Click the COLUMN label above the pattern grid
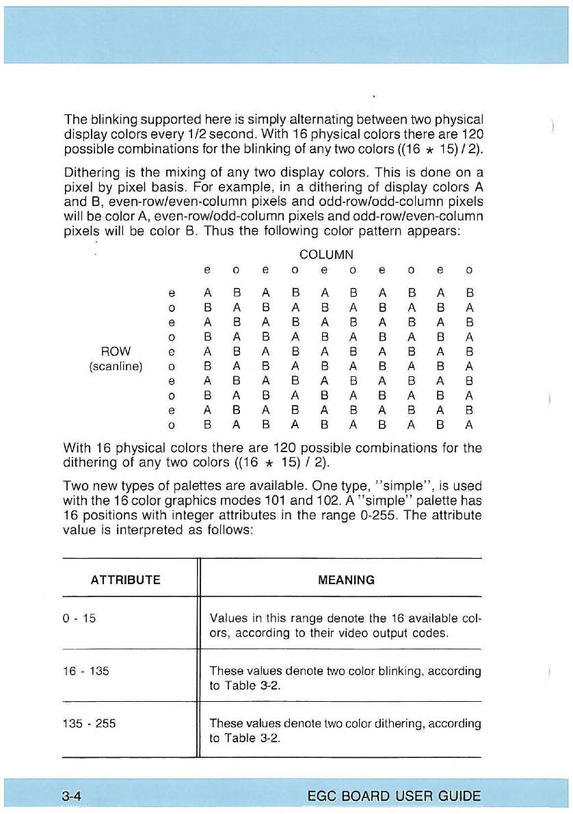click(x=326, y=254)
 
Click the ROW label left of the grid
click(x=115, y=351)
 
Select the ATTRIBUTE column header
click(x=126, y=580)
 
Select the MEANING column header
click(x=346, y=580)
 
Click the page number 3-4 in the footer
click(x=71, y=796)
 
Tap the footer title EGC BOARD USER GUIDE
click(x=394, y=796)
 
